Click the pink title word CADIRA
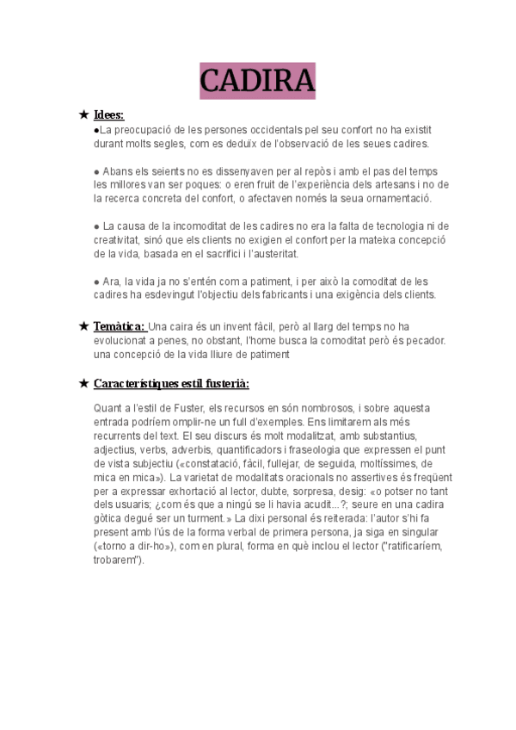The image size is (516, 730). click(x=257, y=81)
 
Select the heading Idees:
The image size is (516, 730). click(x=108, y=114)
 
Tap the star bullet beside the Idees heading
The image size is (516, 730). click(x=83, y=114)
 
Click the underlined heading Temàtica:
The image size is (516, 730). click(x=120, y=326)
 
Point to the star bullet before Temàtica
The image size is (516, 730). click(x=83, y=326)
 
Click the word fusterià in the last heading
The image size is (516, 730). click(x=227, y=383)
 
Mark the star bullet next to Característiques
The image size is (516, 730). click(x=83, y=383)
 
